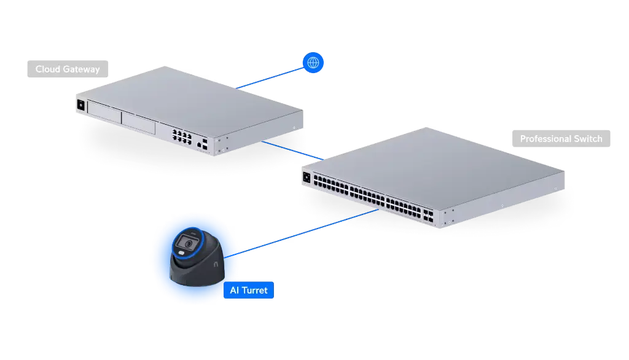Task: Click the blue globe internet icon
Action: [x=313, y=62]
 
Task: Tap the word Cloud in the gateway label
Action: [x=48, y=69]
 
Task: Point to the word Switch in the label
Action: [x=588, y=139]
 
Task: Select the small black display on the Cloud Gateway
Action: [x=80, y=104]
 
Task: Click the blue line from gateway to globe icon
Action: [x=270, y=76]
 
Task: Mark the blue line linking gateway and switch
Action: [x=292, y=151]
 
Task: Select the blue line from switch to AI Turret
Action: [x=307, y=230]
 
